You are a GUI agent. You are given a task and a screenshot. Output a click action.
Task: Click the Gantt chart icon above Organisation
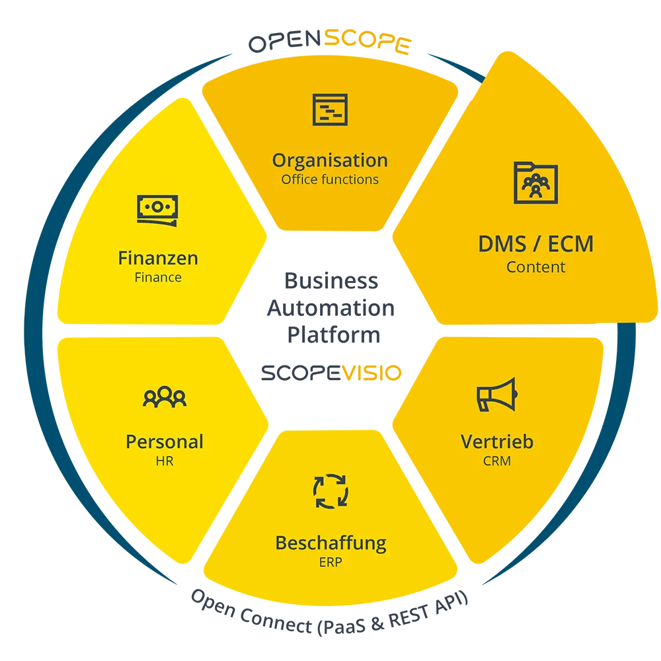[330, 110]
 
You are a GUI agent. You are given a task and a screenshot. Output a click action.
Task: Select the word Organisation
[330, 161]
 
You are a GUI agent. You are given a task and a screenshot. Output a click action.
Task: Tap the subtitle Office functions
[330, 180]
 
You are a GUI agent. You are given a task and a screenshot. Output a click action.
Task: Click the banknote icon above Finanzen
[157, 210]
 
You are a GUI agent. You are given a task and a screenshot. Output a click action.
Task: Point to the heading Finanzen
[158, 258]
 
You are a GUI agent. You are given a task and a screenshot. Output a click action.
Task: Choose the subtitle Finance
[158, 278]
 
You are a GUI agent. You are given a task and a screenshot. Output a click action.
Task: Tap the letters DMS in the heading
[502, 244]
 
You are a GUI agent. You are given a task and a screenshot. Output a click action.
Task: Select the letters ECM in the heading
[570, 244]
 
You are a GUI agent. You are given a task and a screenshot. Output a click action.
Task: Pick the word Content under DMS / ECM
[536, 268]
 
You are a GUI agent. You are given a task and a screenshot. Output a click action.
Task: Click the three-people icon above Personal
[165, 397]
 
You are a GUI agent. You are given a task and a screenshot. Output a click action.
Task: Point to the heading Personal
[165, 442]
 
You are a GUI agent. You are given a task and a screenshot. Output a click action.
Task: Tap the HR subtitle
[165, 461]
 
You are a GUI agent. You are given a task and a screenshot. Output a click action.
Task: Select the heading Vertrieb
[497, 442]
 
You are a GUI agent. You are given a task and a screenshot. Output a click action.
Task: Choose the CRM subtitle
[497, 461]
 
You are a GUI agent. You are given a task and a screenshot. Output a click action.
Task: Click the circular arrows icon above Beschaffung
[330, 492]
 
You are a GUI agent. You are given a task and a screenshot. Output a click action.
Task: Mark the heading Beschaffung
[330, 543]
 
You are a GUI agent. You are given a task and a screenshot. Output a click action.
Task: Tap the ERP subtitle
[330, 563]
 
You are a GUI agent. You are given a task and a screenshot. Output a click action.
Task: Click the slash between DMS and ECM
[536, 245]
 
